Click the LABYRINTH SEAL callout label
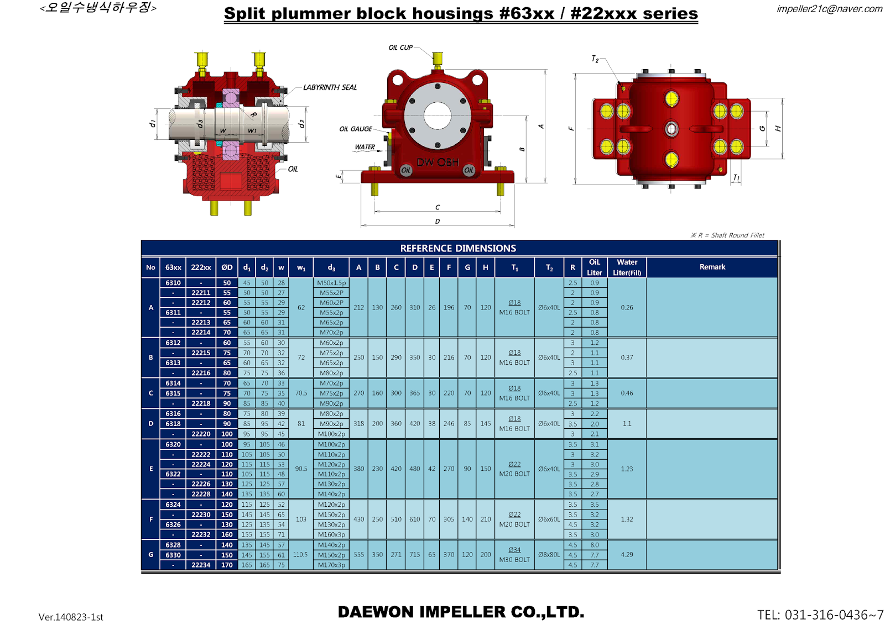point(330,87)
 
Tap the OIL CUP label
point(400,48)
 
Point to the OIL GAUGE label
point(356,129)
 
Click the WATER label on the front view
point(365,147)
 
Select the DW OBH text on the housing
point(438,162)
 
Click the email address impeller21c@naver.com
point(829,8)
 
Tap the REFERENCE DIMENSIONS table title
point(458,248)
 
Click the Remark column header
point(712,267)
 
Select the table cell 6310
point(173,283)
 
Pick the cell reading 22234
point(201,565)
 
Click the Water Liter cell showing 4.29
point(627,554)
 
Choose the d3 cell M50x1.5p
point(331,283)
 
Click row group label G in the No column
point(150,554)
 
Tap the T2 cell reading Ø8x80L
point(549,554)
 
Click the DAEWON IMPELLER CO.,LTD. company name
point(461,612)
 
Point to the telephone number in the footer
point(820,615)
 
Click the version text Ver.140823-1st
point(71,617)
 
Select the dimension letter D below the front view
point(438,222)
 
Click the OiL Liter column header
point(594,267)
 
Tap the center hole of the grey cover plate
point(438,115)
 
